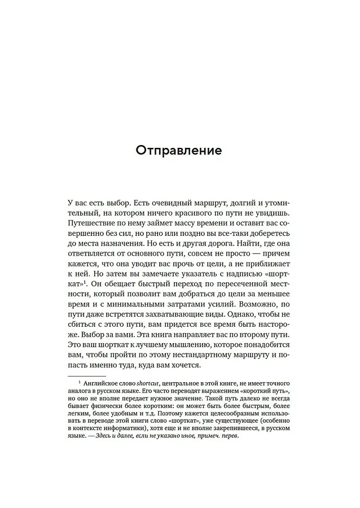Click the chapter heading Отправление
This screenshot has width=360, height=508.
coord(179,151)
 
